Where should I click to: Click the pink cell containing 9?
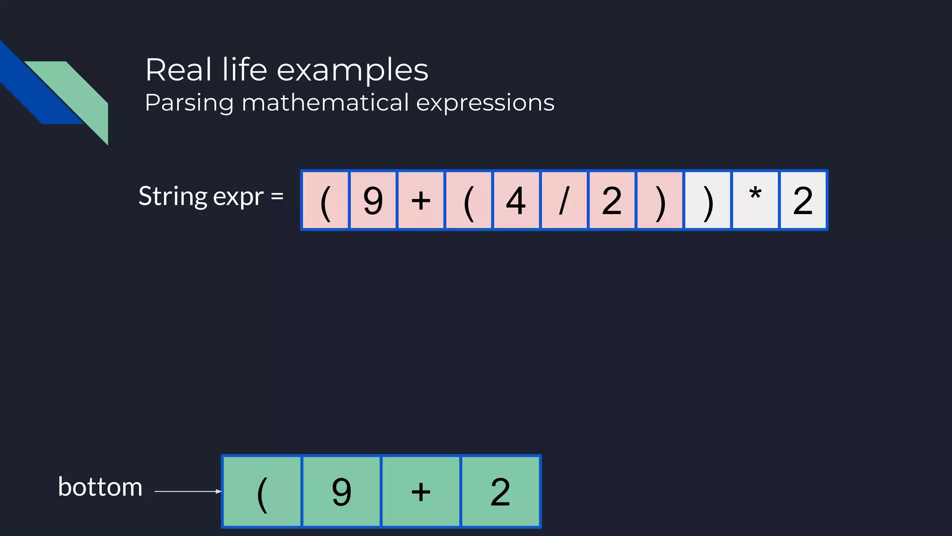(373, 200)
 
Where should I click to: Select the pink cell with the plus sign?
(421, 200)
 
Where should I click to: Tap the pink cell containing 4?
(516, 200)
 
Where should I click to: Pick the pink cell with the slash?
(564, 200)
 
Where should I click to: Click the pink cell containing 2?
(612, 200)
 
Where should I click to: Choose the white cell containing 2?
(803, 200)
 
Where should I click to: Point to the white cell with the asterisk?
(755, 200)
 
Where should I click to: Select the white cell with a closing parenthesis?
(707, 200)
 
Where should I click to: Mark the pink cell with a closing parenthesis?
(660, 200)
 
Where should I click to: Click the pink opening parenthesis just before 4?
(469, 200)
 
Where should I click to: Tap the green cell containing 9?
(342, 491)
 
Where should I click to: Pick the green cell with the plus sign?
(421, 491)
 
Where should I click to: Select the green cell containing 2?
(500, 491)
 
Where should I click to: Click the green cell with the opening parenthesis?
(262, 491)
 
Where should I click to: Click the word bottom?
(100, 487)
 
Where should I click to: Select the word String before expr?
(172, 196)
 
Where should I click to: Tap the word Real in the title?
(179, 70)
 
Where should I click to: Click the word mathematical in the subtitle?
(325, 102)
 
